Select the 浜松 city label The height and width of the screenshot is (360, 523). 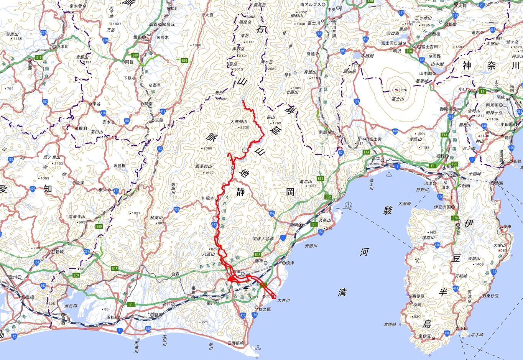point(110,317)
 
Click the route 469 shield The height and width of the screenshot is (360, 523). point(395,132)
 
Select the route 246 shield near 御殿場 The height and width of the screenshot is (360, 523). point(451,117)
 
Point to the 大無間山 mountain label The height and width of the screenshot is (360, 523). point(239,122)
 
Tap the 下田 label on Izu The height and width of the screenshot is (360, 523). point(464,329)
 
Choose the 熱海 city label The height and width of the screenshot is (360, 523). point(500,183)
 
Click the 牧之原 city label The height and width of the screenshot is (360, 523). point(265,309)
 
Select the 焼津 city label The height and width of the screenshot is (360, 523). point(290,263)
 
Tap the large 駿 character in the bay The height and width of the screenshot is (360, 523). point(388,210)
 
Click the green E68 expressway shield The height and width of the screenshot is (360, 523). point(409,51)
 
